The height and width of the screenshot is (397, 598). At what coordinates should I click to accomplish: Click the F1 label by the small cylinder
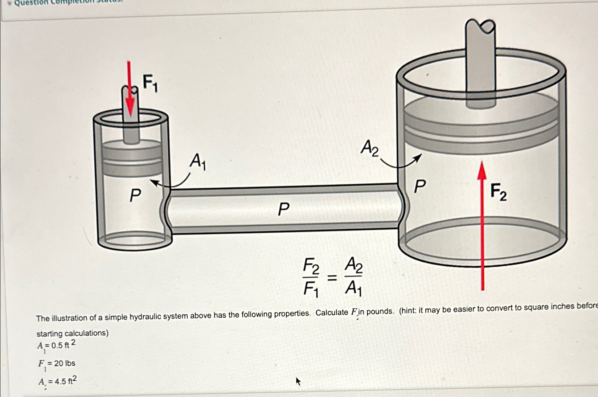[150, 83]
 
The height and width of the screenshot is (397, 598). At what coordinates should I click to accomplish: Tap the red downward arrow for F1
[130, 91]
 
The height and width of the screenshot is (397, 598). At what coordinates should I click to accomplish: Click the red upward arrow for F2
[482, 225]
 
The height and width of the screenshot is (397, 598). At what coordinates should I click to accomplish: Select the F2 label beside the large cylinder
[499, 192]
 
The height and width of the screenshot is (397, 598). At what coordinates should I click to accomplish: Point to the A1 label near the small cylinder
[198, 161]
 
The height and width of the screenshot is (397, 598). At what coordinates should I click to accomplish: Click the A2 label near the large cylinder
[369, 148]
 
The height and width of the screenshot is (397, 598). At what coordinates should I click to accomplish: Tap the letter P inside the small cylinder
[135, 196]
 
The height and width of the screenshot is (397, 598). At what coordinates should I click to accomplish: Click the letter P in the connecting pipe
[283, 209]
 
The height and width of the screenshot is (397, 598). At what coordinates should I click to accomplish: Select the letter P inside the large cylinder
[420, 187]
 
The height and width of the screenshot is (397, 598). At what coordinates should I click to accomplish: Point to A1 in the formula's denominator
[353, 288]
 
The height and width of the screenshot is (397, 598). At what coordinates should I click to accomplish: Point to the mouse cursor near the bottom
[298, 381]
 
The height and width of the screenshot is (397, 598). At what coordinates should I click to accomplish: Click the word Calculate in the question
[331, 312]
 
